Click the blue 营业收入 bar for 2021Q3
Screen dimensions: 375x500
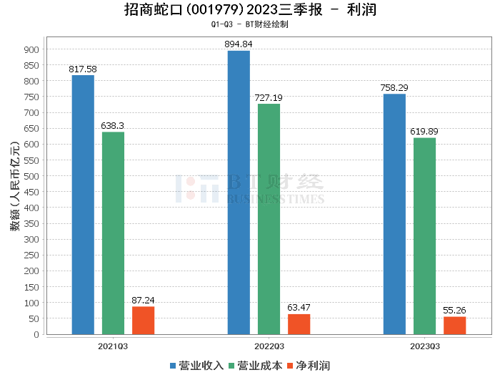pos(83,205)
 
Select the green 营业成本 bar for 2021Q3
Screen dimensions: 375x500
pos(113,233)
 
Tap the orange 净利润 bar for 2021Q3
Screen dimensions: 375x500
pos(143,320)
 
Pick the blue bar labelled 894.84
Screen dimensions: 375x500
pos(239,193)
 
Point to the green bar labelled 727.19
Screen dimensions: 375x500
pos(269,219)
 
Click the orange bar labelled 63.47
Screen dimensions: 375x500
pos(299,323)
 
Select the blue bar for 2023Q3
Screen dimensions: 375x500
pos(394,214)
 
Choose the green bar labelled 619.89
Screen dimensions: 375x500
pos(424,235)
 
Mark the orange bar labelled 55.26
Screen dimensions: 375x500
pos(454,325)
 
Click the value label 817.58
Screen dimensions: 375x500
pos(83,69)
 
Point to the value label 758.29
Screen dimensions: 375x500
pos(394,88)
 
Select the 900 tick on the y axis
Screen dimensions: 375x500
pos(31,49)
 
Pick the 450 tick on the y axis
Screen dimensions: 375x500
pos(31,192)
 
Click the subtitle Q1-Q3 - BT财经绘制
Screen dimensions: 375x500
pos(250,24)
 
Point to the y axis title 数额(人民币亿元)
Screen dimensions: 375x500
pos(14,191)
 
